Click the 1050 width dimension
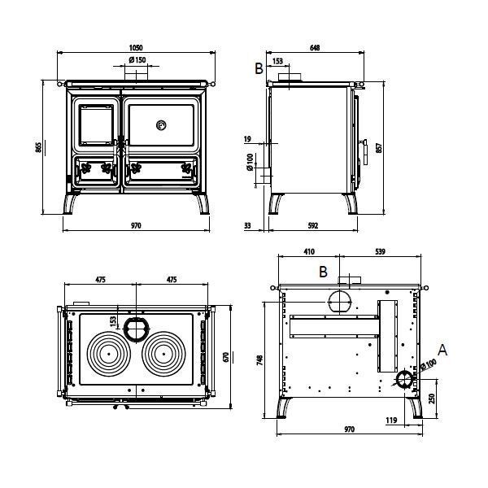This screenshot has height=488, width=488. point(136,48)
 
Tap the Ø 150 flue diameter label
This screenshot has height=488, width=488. point(137,59)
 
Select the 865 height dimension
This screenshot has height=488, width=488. point(38,147)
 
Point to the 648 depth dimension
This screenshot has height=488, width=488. point(315,48)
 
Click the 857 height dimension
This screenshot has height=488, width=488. point(379,147)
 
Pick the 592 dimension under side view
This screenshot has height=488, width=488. point(313,225)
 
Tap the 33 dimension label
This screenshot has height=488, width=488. point(247,225)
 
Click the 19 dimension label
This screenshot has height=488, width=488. point(247,139)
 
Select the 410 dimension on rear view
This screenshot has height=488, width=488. point(309,251)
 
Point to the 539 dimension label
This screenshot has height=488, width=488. point(380,251)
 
